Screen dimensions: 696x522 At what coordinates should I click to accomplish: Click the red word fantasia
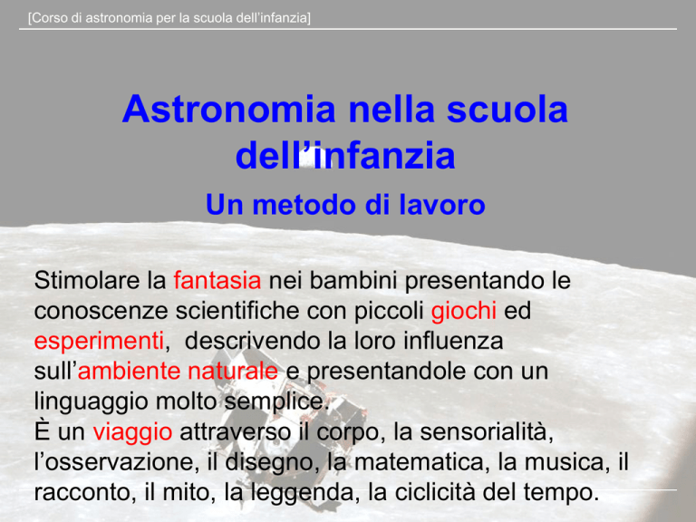pyautogui.click(x=217, y=281)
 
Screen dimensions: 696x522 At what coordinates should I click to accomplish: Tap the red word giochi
pyautogui.click(x=463, y=311)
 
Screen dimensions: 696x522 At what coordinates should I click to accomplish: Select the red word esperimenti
pyautogui.click(x=100, y=342)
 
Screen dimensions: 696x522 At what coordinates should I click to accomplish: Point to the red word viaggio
pyautogui.click(x=132, y=432)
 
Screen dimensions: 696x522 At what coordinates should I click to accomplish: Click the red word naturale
pyautogui.click(x=233, y=371)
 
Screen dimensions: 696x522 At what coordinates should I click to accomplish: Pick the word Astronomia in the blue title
pyautogui.click(x=229, y=109)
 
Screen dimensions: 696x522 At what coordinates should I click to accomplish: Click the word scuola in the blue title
pyautogui.click(x=507, y=109)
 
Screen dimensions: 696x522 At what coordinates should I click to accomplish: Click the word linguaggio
pyautogui.click(x=91, y=402)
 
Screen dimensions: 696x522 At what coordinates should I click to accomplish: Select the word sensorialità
pyautogui.click(x=487, y=432)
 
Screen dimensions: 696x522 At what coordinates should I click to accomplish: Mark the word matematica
pyautogui.click(x=419, y=462)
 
